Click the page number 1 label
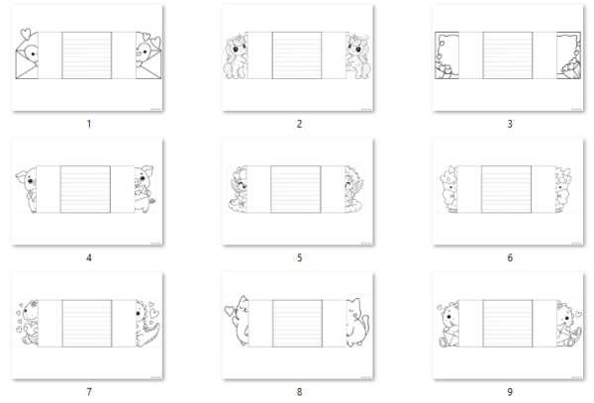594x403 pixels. click(x=89, y=124)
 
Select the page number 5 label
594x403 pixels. click(x=299, y=257)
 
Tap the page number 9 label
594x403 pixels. click(x=510, y=392)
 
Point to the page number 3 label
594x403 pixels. click(x=510, y=124)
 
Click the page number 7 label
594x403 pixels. click(x=89, y=392)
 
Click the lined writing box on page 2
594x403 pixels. click(x=297, y=55)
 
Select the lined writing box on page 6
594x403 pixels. click(x=507, y=189)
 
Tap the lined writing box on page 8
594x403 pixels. click(x=297, y=323)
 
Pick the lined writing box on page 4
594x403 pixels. click(x=85, y=189)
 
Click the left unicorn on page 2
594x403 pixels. click(x=236, y=56)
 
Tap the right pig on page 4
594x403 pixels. click(x=145, y=188)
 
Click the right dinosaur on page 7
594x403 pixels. click(x=148, y=324)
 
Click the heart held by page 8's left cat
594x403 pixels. click(x=229, y=311)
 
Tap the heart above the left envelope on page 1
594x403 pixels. click(x=26, y=33)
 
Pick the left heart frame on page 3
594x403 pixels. click(x=446, y=55)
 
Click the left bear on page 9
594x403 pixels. click(x=448, y=324)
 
